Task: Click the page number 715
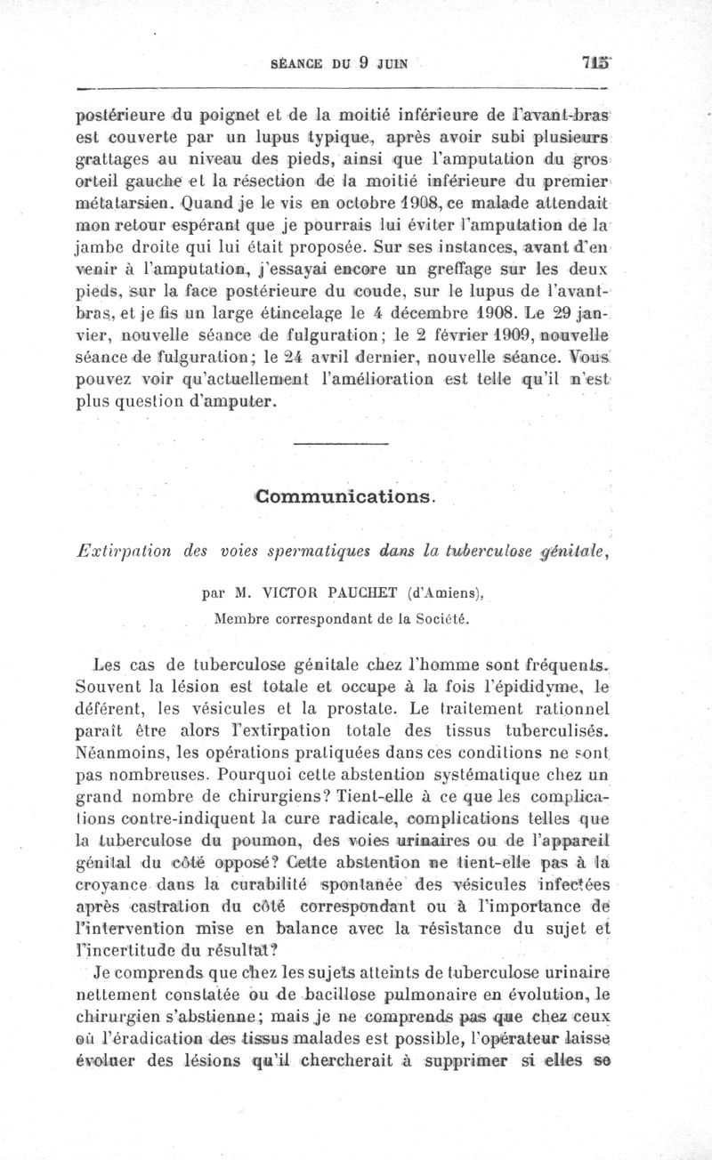tap(595, 63)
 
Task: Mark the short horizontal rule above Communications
tap(340, 443)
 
